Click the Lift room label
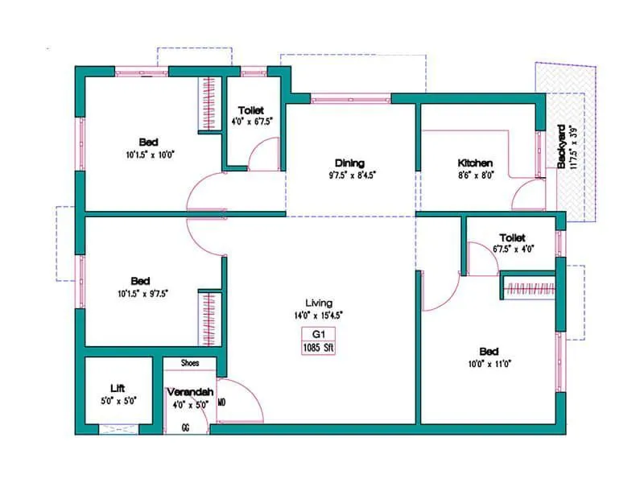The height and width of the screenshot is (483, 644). (118, 388)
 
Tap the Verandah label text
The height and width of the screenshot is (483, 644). (190, 392)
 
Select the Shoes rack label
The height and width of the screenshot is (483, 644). (190, 363)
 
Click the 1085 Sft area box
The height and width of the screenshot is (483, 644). (319, 348)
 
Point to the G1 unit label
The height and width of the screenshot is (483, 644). (319, 334)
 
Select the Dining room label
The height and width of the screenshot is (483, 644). (352, 161)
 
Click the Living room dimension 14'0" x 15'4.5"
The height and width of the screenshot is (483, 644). (319, 315)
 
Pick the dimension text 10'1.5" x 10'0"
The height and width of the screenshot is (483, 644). (150, 154)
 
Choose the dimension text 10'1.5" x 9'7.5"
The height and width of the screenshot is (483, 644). (141, 294)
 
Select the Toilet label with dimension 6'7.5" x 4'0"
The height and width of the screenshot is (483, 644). (512, 238)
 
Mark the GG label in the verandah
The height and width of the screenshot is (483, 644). (186, 428)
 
